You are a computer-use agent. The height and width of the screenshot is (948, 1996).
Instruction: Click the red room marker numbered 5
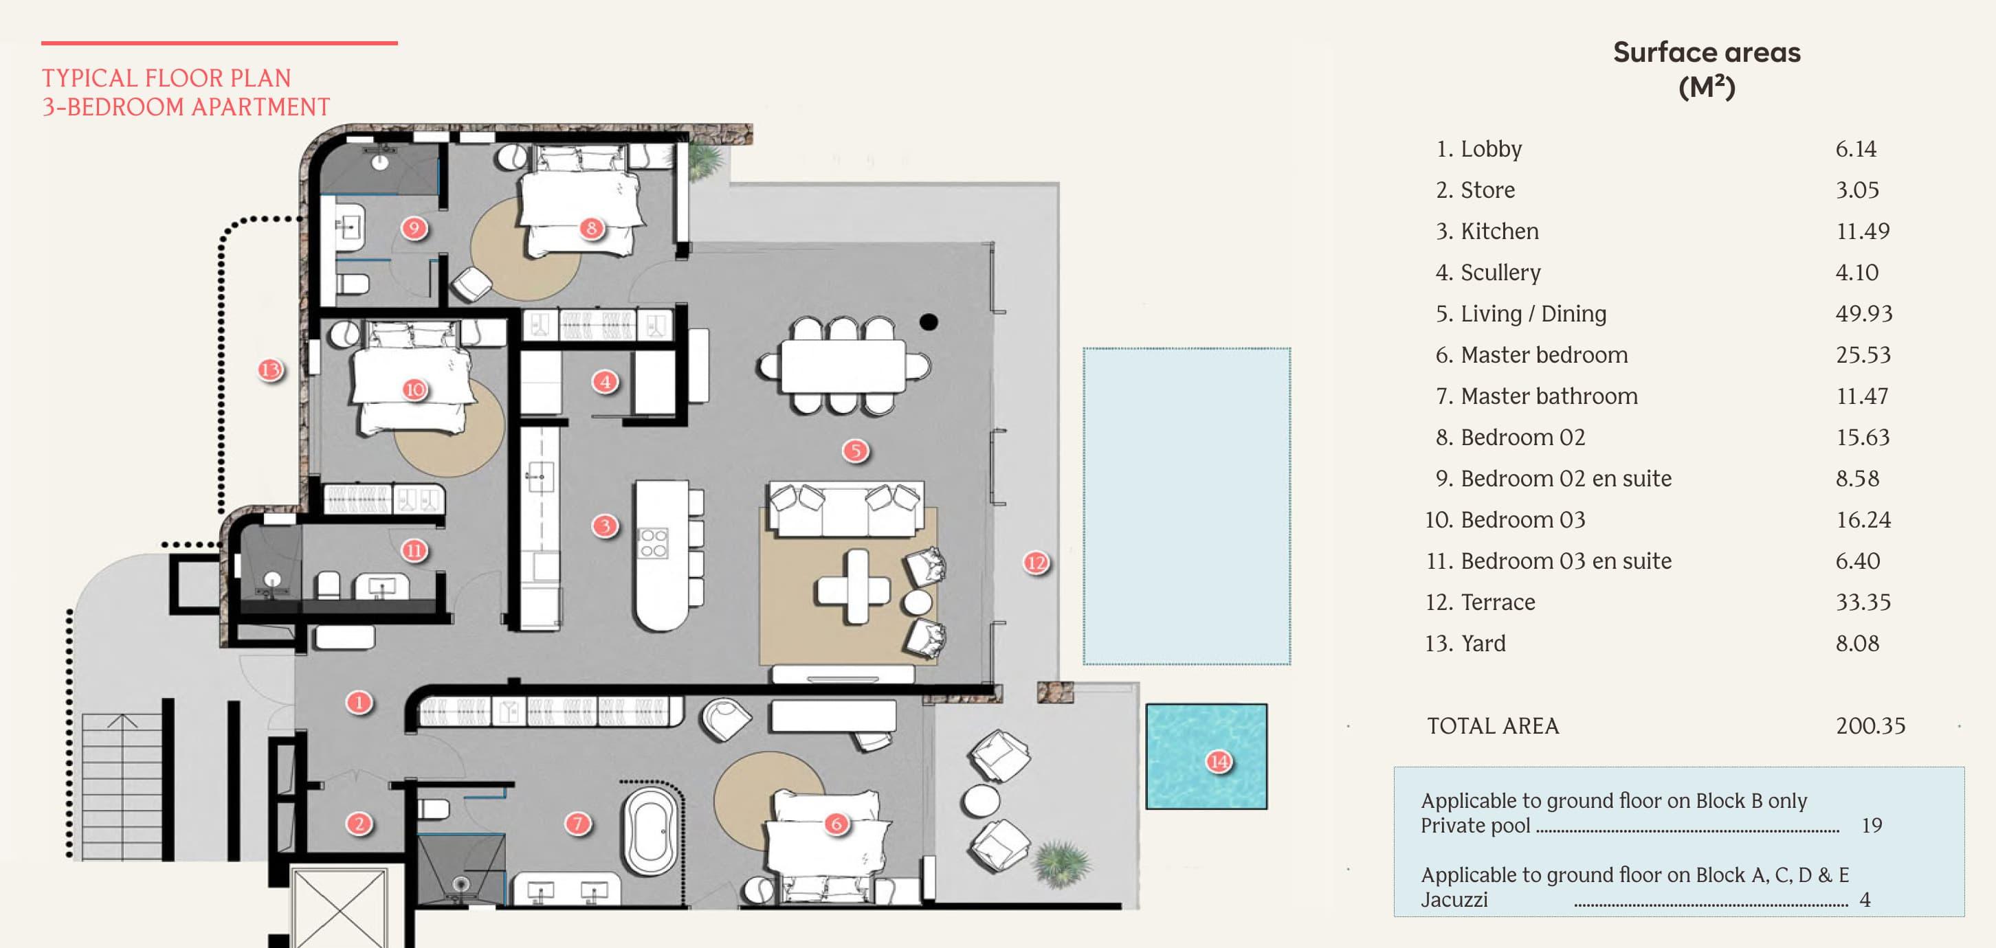[x=856, y=450]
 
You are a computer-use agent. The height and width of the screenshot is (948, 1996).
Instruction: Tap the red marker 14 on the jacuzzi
[x=1219, y=761]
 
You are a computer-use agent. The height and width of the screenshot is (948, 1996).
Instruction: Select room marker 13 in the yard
[x=270, y=370]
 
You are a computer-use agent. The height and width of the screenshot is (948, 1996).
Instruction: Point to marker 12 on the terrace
[x=1036, y=563]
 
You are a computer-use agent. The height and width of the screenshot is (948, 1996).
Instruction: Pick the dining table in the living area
[x=843, y=365]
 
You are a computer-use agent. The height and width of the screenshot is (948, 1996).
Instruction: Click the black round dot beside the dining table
[x=929, y=321]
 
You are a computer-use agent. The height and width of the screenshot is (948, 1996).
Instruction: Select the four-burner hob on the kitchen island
[x=652, y=542]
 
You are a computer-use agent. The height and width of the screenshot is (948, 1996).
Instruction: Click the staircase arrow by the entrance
[x=122, y=722]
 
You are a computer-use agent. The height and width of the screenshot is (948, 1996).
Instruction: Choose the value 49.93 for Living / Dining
[x=1863, y=314]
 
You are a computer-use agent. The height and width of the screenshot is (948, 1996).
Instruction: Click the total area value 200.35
[x=1870, y=725]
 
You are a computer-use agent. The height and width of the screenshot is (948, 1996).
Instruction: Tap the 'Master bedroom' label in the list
[x=1544, y=354]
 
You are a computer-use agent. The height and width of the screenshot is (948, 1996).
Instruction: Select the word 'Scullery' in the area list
[x=1500, y=273]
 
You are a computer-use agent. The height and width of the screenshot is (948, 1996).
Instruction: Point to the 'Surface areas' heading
[x=1706, y=53]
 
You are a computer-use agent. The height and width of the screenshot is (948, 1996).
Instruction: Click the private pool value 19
[x=1871, y=826]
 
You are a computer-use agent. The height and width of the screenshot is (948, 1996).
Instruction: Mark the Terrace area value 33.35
[x=1863, y=602]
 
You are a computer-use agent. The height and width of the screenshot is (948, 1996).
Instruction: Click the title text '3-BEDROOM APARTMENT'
[x=186, y=107]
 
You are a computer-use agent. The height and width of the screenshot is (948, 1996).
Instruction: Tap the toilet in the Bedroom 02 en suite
[x=353, y=283]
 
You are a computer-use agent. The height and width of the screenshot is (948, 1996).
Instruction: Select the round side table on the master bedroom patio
[x=980, y=800]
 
